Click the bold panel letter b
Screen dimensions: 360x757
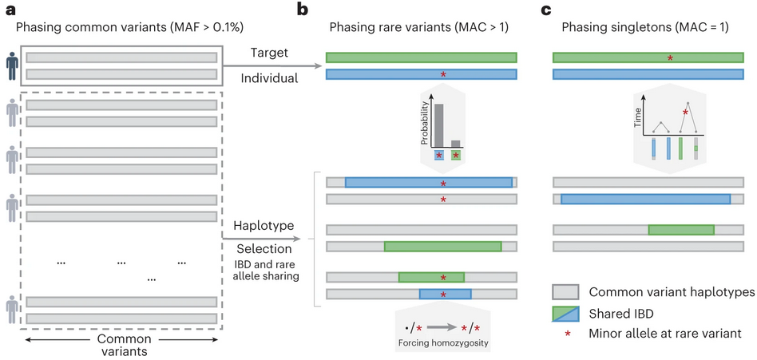304,10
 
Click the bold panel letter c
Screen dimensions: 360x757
546,10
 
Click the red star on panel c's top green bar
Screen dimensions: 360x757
670,58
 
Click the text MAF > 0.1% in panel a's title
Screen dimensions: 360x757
176,28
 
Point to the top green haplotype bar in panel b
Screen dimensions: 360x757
421,58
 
